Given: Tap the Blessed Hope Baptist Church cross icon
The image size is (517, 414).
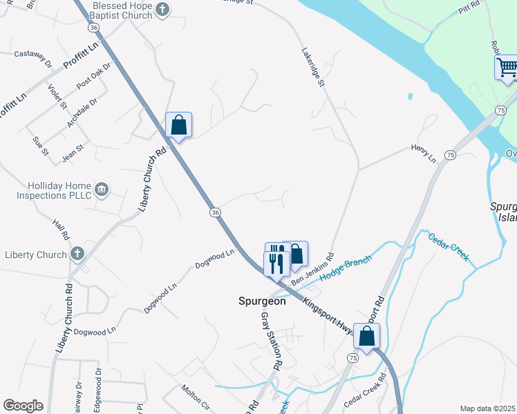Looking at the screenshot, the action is coord(162,10).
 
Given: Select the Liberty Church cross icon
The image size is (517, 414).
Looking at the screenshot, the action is coord(76,255).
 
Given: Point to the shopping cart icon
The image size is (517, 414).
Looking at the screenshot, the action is coord(507,68).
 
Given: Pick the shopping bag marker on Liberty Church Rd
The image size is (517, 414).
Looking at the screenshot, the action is coord(178,126).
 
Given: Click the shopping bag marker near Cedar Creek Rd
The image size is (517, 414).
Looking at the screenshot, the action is coord(366,336).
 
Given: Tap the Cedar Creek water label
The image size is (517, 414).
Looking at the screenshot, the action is coord(448,248).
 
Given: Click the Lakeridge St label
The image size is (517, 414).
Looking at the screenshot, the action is coord(312,68).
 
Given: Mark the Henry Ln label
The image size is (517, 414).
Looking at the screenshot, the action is coord(424,153).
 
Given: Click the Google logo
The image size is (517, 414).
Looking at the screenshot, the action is coord(23,406).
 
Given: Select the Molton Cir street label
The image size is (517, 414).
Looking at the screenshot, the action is coord(195,395).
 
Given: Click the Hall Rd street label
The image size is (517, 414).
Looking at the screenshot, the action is coord(61,230).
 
